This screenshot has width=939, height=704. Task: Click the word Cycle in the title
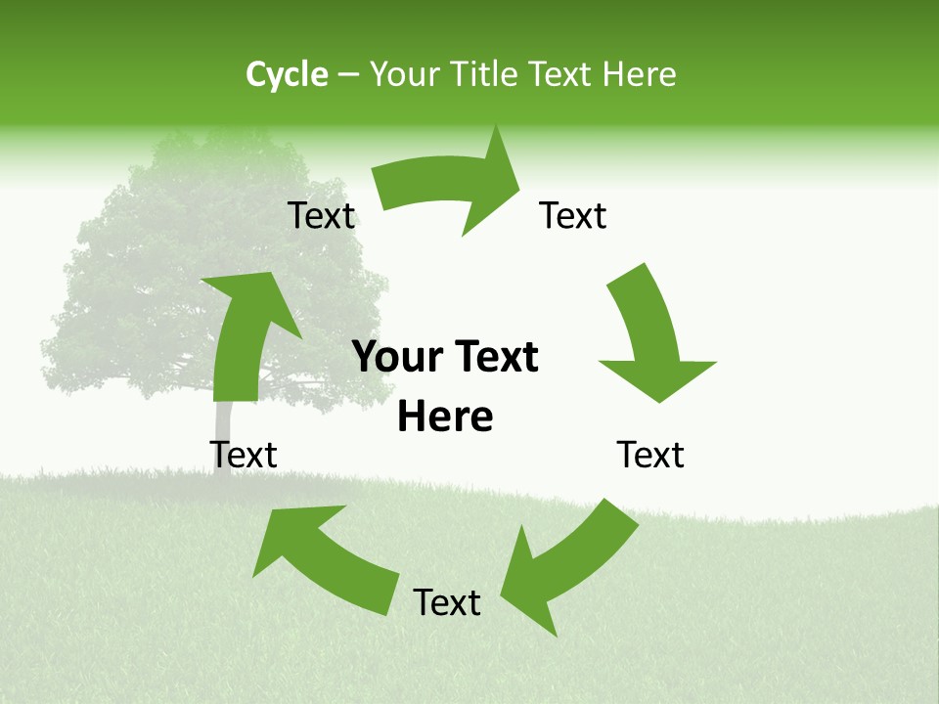(287, 74)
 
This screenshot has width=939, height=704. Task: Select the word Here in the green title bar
(639, 74)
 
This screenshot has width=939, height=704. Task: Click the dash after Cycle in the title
(348, 75)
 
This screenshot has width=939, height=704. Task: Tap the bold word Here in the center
(445, 417)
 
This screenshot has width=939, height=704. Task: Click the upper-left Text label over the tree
(321, 215)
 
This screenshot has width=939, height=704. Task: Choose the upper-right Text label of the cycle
(573, 215)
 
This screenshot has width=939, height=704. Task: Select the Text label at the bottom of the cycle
(447, 602)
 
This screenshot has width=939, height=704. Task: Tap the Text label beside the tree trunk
(244, 454)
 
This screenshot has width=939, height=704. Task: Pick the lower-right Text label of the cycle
(650, 454)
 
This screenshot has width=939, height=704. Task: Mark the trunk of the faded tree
(223, 430)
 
